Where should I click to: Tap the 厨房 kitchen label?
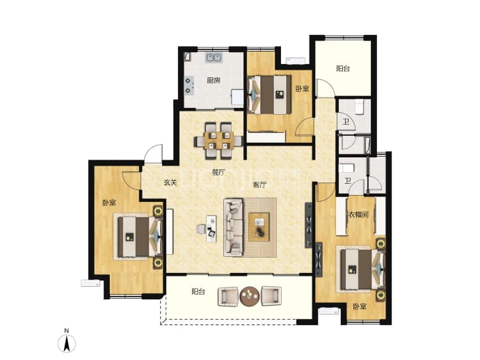214,81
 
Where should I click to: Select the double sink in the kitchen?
214,57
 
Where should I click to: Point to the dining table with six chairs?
218,141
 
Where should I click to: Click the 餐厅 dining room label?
218,173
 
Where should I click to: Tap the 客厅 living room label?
259,185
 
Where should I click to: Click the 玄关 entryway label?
170,182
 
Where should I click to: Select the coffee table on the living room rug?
259,227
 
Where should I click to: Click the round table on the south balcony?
250,296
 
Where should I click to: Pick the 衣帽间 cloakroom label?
358,214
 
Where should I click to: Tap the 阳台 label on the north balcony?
343,68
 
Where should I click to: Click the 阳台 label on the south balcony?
198,291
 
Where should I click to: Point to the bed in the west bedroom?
140,237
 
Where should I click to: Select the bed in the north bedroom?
269,95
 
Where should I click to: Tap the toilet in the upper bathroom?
359,107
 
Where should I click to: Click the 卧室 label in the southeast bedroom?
360,306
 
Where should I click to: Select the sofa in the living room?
234,227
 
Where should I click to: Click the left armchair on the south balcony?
228,297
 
